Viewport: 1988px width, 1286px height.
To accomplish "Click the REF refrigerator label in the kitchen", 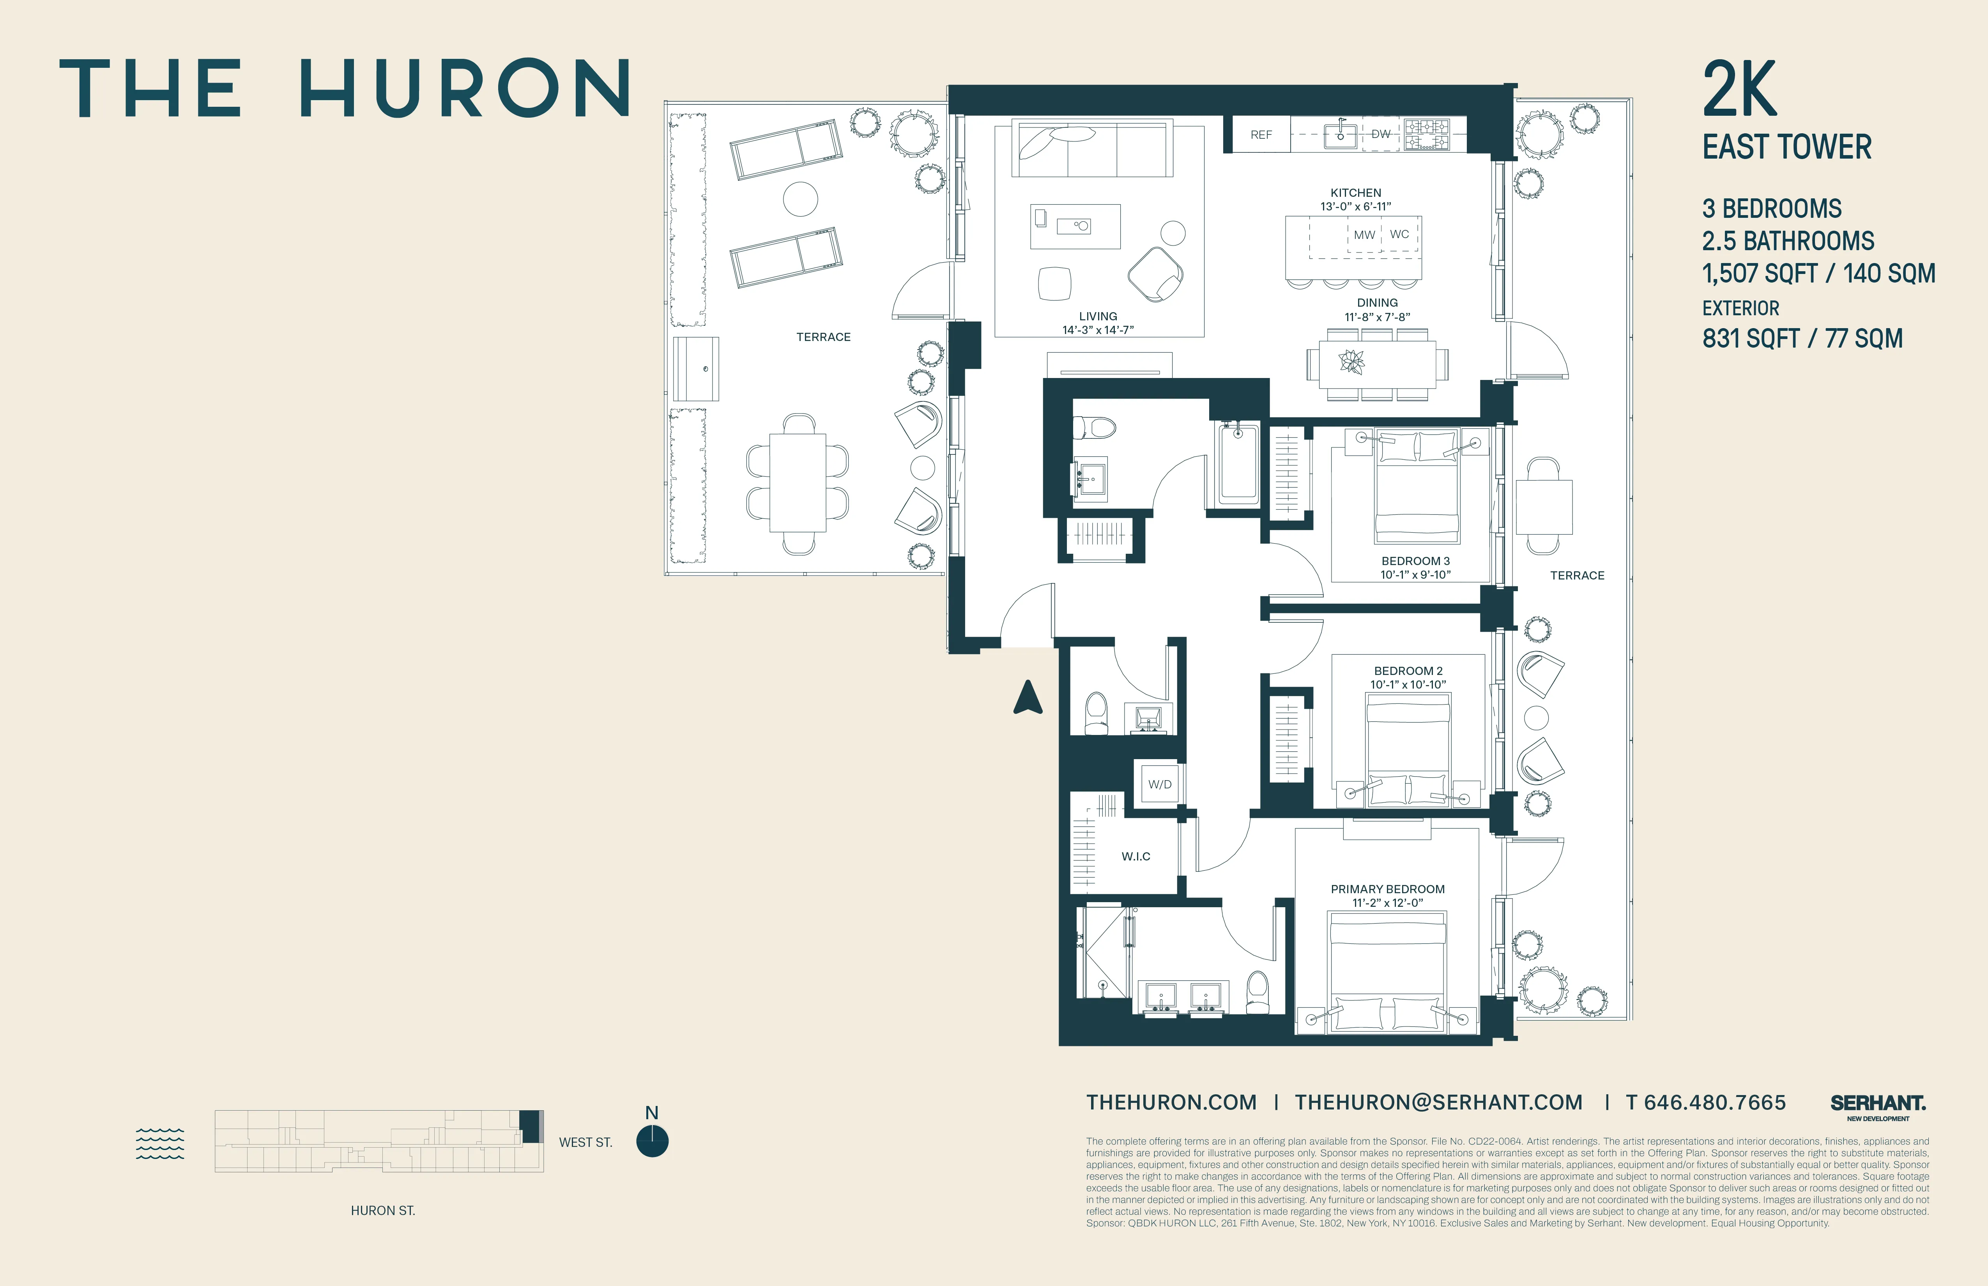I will pos(1261,134).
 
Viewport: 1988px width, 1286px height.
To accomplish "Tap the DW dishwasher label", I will pos(1381,134).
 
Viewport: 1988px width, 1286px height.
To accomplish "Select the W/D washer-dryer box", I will pos(1159,784).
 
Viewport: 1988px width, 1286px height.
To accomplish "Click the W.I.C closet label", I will pos(1135,856).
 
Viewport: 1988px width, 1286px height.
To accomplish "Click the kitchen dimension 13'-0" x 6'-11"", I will pos(1355,206).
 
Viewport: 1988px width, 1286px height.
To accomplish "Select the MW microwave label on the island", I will pos(1364,235).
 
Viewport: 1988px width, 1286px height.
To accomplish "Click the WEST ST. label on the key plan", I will pos(585,1142).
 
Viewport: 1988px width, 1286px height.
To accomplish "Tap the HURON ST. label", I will pos(382,1210).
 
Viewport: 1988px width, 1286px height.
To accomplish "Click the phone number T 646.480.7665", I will pos(1706,1102).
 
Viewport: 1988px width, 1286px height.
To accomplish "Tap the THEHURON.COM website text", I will pos(1171,1102).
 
